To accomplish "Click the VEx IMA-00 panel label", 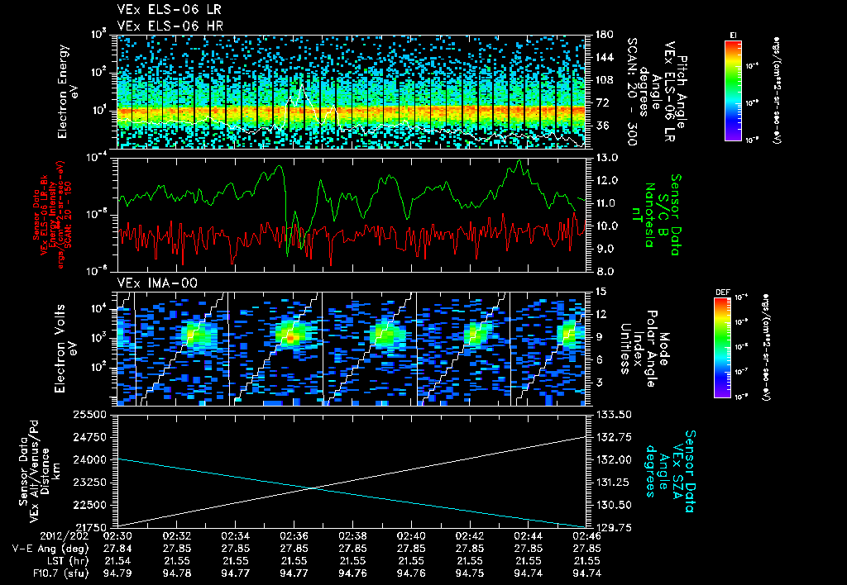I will pyautogui.click(x=149, y=283).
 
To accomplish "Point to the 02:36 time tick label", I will pyautogui.click(x=295, y=535).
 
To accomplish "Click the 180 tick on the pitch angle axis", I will pyautogui.click(x=603, y=35).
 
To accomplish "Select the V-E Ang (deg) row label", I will pyautogui.click(x=50, y=548).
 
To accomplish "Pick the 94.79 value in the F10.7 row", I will pyautogui.click(x=118, y=573).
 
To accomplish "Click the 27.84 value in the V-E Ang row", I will pyautogui.click(x=118, y=548).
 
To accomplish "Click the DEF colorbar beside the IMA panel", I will pyautogui.click(x=721, y=347).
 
